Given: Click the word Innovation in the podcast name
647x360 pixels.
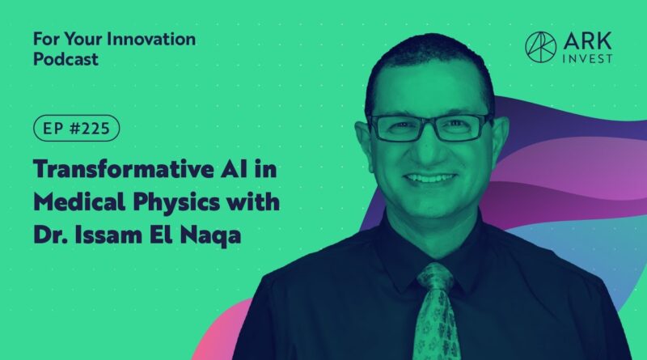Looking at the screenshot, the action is pyautogui.click(x=151, y=39).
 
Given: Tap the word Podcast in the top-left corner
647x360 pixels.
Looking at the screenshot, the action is pyautogui.click(x=66, y=59).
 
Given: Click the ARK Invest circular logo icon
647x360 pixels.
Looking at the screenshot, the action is pyautogui.click(x=540, y=47).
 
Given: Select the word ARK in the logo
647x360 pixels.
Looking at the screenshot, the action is pyautogui.click(x=588, y=41).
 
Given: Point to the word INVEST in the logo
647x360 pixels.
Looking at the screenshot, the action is pyautogui.click(x=588, y=59).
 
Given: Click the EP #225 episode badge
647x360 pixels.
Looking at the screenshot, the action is pyautogui.click(x=76, y=129).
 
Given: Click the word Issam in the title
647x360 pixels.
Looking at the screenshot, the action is pyautogui.click(x=104, y=235).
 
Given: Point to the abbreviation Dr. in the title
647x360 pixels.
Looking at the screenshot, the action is pyautogui.click(x=50, y=235).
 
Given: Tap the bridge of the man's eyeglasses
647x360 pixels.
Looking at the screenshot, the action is pyautogui.click(x=429, y=123).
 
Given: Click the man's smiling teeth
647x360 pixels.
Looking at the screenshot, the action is pyautogui.click(x=429, y=178).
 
